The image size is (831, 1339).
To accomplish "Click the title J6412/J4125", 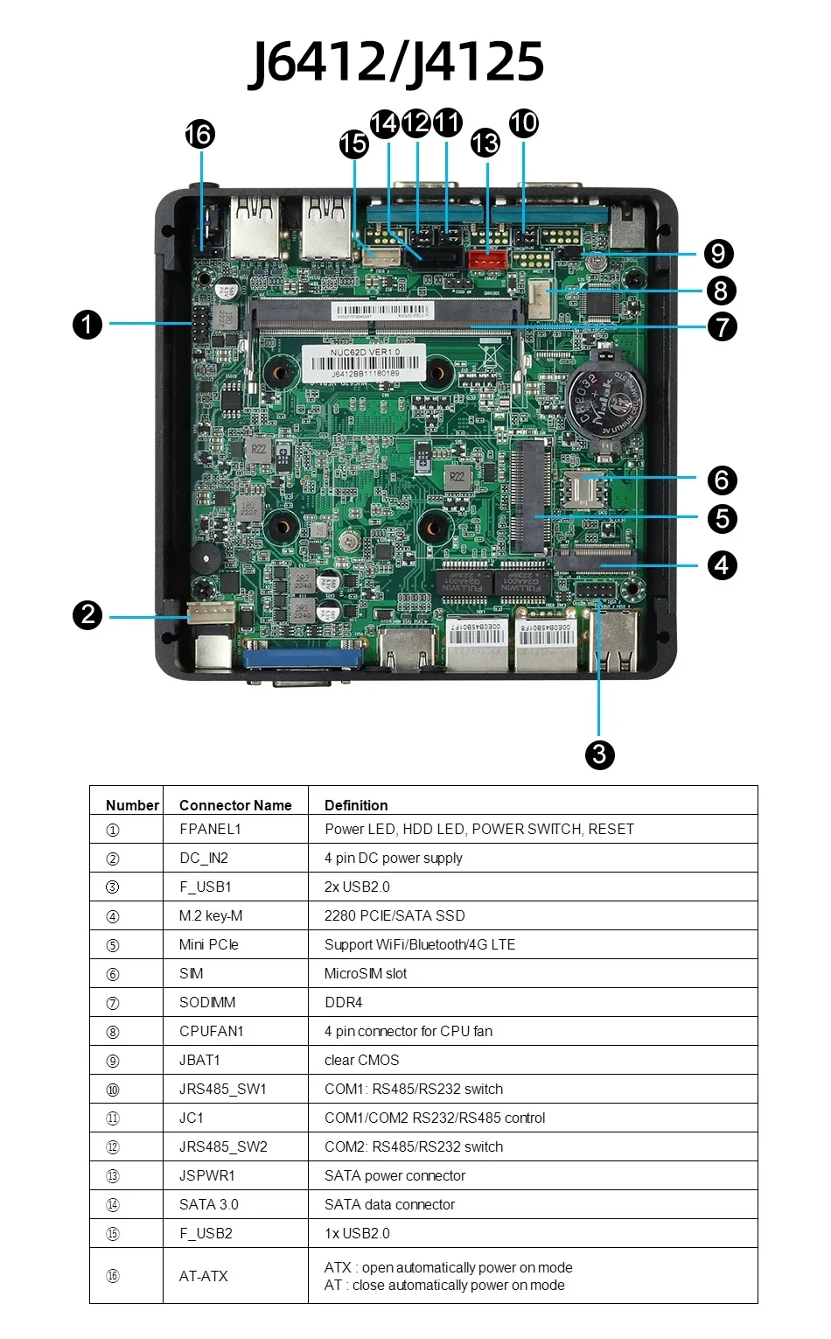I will (x=396, y=61).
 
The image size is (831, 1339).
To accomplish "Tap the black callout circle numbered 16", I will (x=199, y=134).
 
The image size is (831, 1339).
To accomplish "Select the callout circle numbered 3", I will (x=599, y=754).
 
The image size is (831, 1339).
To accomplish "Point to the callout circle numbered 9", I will (x=718, y=254).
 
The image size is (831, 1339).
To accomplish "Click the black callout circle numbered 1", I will (x=87, y=325).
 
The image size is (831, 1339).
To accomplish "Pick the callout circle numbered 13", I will (x=485, y=143).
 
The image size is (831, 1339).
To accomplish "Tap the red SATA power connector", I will (x=487, y=259).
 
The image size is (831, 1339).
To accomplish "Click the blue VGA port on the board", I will (x=303, y=657).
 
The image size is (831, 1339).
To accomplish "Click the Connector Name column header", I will (x=235, y=805).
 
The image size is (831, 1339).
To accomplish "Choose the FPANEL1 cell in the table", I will (x=210, y=829).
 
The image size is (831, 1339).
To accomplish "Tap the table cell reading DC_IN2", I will (x=204, y=858).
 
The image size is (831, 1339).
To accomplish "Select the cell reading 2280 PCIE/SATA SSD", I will (x=395, y=915).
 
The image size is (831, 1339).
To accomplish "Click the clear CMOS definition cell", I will (x=361, y=1060).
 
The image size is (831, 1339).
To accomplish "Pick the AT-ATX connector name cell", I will (x=204, y=1276).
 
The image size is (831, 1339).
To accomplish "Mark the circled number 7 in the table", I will (x=113, y=1003).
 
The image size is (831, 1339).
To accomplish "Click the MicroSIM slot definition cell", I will (x=366, y=973).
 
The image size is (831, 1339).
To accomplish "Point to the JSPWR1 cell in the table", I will (x=207, y=1175).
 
